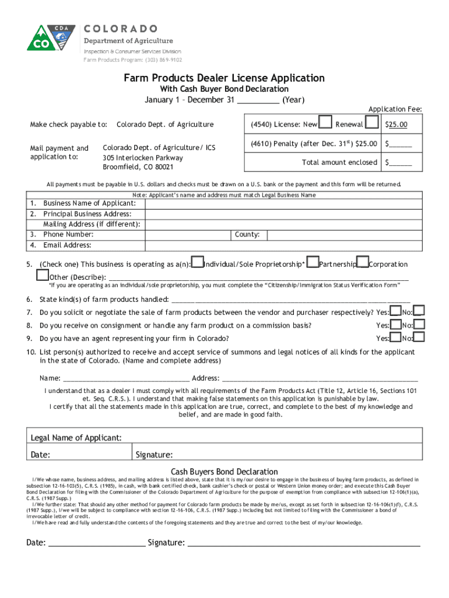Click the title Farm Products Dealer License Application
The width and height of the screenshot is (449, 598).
[x=224, y=78]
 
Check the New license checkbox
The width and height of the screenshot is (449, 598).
[x=326, y=123]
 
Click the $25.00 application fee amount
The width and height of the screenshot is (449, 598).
[x=396, y=124]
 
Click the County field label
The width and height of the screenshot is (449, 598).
[x=247, y=235]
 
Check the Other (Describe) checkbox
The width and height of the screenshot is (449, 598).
[x=42, y=274]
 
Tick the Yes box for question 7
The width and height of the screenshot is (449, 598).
[x=395, y=311]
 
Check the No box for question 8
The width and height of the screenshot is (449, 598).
[x=419, y=324]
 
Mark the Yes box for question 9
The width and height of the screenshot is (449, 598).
[x=395, y=337]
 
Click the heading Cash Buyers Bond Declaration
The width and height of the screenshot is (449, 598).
[x=224, y=471]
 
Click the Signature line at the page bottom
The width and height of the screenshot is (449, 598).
[x=303, y=543]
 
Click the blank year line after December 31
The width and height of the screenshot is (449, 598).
[x=258, y=100]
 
